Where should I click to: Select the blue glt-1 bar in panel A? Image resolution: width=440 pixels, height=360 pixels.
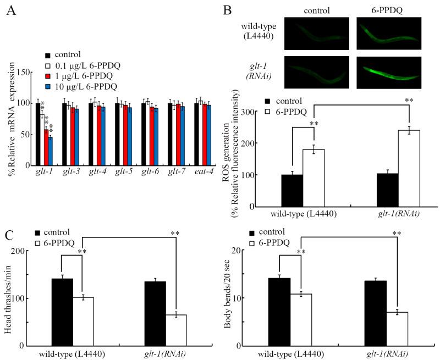click(x=50, y=151)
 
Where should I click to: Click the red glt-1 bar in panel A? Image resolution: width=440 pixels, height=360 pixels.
click(x=46, y=147)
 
